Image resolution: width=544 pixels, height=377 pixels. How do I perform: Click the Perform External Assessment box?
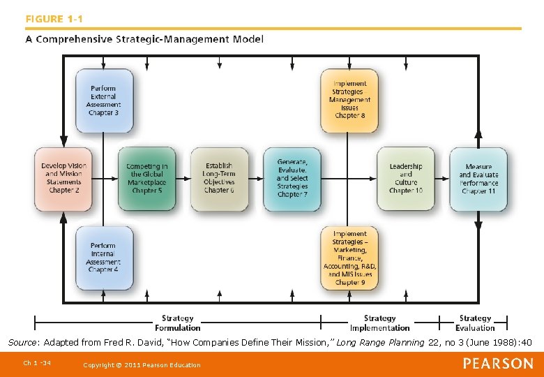pyautogui.click(x=103, y=100)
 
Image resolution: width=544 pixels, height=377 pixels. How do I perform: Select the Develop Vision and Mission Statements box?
pyautogui.click(x=64, y=178)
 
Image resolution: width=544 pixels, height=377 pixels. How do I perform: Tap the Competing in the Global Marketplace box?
pyautogui.click(x=146, y=178)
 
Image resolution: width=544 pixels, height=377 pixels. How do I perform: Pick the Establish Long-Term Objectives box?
pyautogui.click(x=219, y=178)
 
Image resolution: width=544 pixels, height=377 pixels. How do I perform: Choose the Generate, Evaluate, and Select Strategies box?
pyautogui.click(x=292, y=178)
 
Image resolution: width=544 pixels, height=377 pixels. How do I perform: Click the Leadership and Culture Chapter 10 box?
pyautogui.click(x=405, y=178)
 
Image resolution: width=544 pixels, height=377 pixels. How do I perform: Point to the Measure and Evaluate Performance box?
pyautogui.click(x=478, y=178)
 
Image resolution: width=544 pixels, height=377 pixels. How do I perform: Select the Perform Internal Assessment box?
pyautogui.click(x=103, y=257)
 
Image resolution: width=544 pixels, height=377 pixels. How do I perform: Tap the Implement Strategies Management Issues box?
pyautogui.click(x=349, y=100)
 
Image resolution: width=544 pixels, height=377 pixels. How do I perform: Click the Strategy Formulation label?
pyautogui.click(x=177, y=323)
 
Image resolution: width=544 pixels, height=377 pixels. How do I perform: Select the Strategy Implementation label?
pyautogui.click(x=379, y=323)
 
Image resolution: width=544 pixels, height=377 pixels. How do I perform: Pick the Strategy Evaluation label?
pyautogui.click(x=475, y=323)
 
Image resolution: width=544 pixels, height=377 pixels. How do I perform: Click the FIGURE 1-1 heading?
pyautogui.click(x=54, y=18)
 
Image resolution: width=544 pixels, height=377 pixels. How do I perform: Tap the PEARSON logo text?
pyautogui.click(x=498, y=363)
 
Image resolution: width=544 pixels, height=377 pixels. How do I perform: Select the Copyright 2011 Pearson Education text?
pyautogui.click(x=141, y=364)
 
